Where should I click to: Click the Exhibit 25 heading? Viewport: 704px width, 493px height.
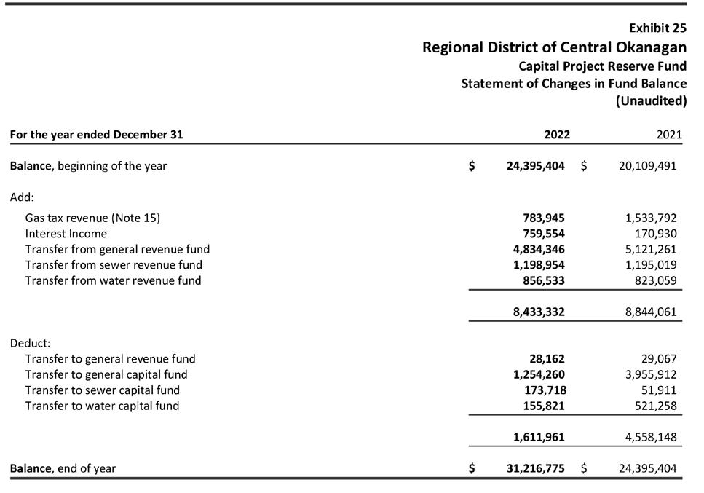point(657,28)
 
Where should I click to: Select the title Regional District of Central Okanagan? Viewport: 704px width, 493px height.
point(554,47)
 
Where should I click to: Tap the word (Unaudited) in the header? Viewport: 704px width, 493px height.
point(651,100)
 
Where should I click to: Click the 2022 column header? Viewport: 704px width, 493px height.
point(557,135)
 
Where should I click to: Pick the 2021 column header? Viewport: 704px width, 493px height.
point(669,135)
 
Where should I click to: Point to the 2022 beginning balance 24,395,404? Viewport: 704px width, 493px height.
point(535,166)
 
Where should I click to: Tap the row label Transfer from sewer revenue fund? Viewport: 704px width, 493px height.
point(114,265)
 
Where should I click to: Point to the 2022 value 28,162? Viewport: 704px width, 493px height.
point(547,359)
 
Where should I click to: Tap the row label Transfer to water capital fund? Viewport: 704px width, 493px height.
point(102,406)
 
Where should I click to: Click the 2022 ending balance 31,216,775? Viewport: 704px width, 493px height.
point(535,468)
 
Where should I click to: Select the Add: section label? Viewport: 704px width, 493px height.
point(22,197)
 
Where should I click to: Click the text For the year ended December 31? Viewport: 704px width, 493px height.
point(96,135)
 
